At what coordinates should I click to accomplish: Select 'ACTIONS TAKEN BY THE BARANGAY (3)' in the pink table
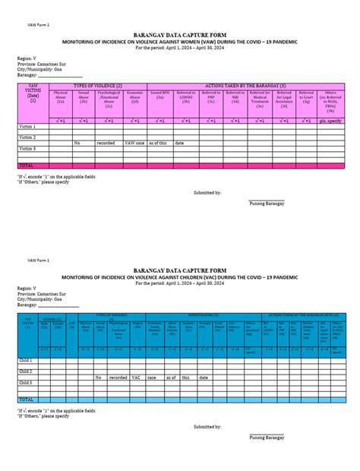point(250,86)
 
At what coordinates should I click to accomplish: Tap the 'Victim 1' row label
point(28,126)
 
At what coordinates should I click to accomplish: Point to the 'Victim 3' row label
point(28,148)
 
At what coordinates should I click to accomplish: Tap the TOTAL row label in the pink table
point(27,165)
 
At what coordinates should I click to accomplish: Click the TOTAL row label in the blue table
point(27,399)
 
